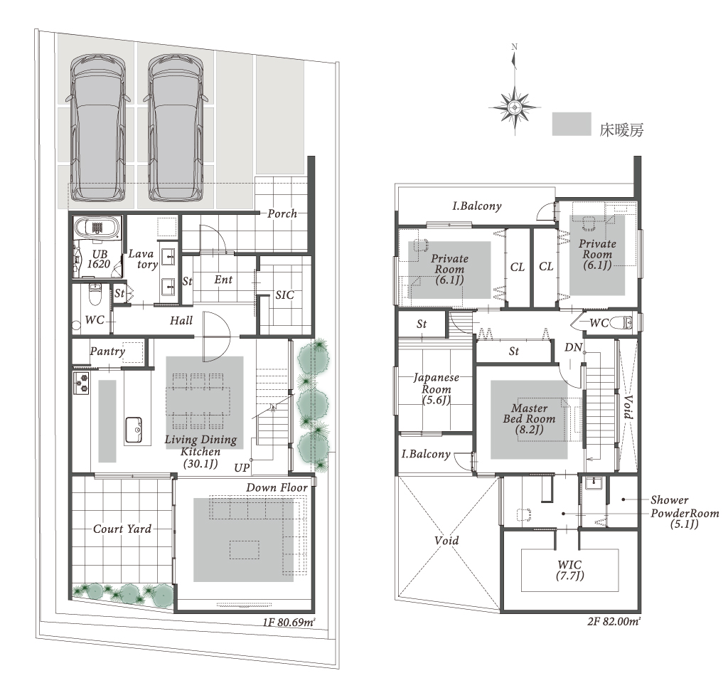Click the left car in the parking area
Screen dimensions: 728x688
pyautogui.click(x=97, y=128)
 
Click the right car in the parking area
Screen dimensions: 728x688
pyautogui.click(x=176, y=128)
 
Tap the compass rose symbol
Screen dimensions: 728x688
pyautogui.click(x=515, y=107)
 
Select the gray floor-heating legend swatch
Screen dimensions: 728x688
pyautogui.click(x=571, y=124)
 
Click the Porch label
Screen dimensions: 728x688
pyautogui.click(x=282, y=213)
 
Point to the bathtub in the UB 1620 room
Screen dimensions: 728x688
pyautogui.click(x=97, y=227)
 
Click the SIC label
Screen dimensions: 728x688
pyautogui.click(x=284, y=295)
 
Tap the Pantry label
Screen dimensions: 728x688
pyautogui.click(x=107, y=351)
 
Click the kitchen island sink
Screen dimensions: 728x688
pyautogui.click(x=133, y=430)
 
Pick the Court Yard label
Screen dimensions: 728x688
pyautogui.click(x=122, y=529)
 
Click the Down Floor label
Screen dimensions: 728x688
pyautogui.click(x=277, y=487)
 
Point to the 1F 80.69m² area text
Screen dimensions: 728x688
pyautogui.click(x=289, y=622)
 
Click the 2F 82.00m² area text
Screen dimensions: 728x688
pyautogui.click(x=614, y=621)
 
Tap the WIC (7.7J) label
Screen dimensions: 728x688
pyautogui.click(x=569, y=570)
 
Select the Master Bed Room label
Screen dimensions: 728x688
pyautogui.click(x=529, y=418)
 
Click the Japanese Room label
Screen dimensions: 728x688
pyautogui.click(x=436, y=389)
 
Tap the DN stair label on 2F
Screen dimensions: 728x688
pyautogui.click(x=573, y=347)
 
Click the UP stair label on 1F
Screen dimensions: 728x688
pyautogui.click(x=242, y=468)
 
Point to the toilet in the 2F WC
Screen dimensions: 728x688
pyautogui.click(x=621, y=322)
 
